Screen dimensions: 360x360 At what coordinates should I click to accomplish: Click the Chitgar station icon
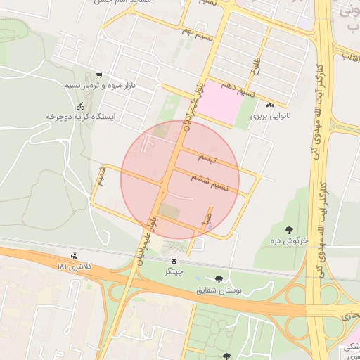pyautogui.click(x=174, y=258)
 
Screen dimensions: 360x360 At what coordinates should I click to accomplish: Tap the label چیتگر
pyautogui.click(x=174, y=270)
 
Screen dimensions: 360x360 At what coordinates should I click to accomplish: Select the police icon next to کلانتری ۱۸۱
pyautogui.click(x=74, y=256)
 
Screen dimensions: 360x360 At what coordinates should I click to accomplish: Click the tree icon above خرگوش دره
pyautogui.click(x=289, y=230)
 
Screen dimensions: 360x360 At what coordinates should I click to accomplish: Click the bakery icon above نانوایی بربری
pyautogui.click(x=270, y=105)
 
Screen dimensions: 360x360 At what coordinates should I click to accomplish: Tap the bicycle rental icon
pyautogui.click(x=80, y=105)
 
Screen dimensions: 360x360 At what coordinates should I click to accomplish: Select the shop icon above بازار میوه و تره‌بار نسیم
pyautogui.click(x=98, y=75)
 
